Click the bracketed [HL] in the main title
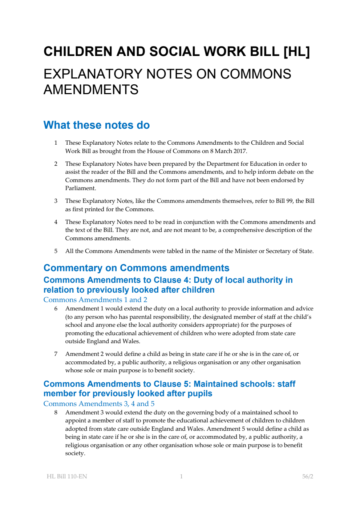coord(296,52)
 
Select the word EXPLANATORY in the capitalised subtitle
coord(93,74)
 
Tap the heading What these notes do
coord(97,125)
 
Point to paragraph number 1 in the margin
coord(56,143)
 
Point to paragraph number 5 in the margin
coord(56,251)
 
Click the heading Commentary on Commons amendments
coord(136,268)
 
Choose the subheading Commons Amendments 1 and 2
coord(95,300)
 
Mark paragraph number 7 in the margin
coord(56,354)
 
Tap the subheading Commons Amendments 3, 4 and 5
coord(99,404)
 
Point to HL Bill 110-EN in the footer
coord(67,477)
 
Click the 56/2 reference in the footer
coord(308,477)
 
